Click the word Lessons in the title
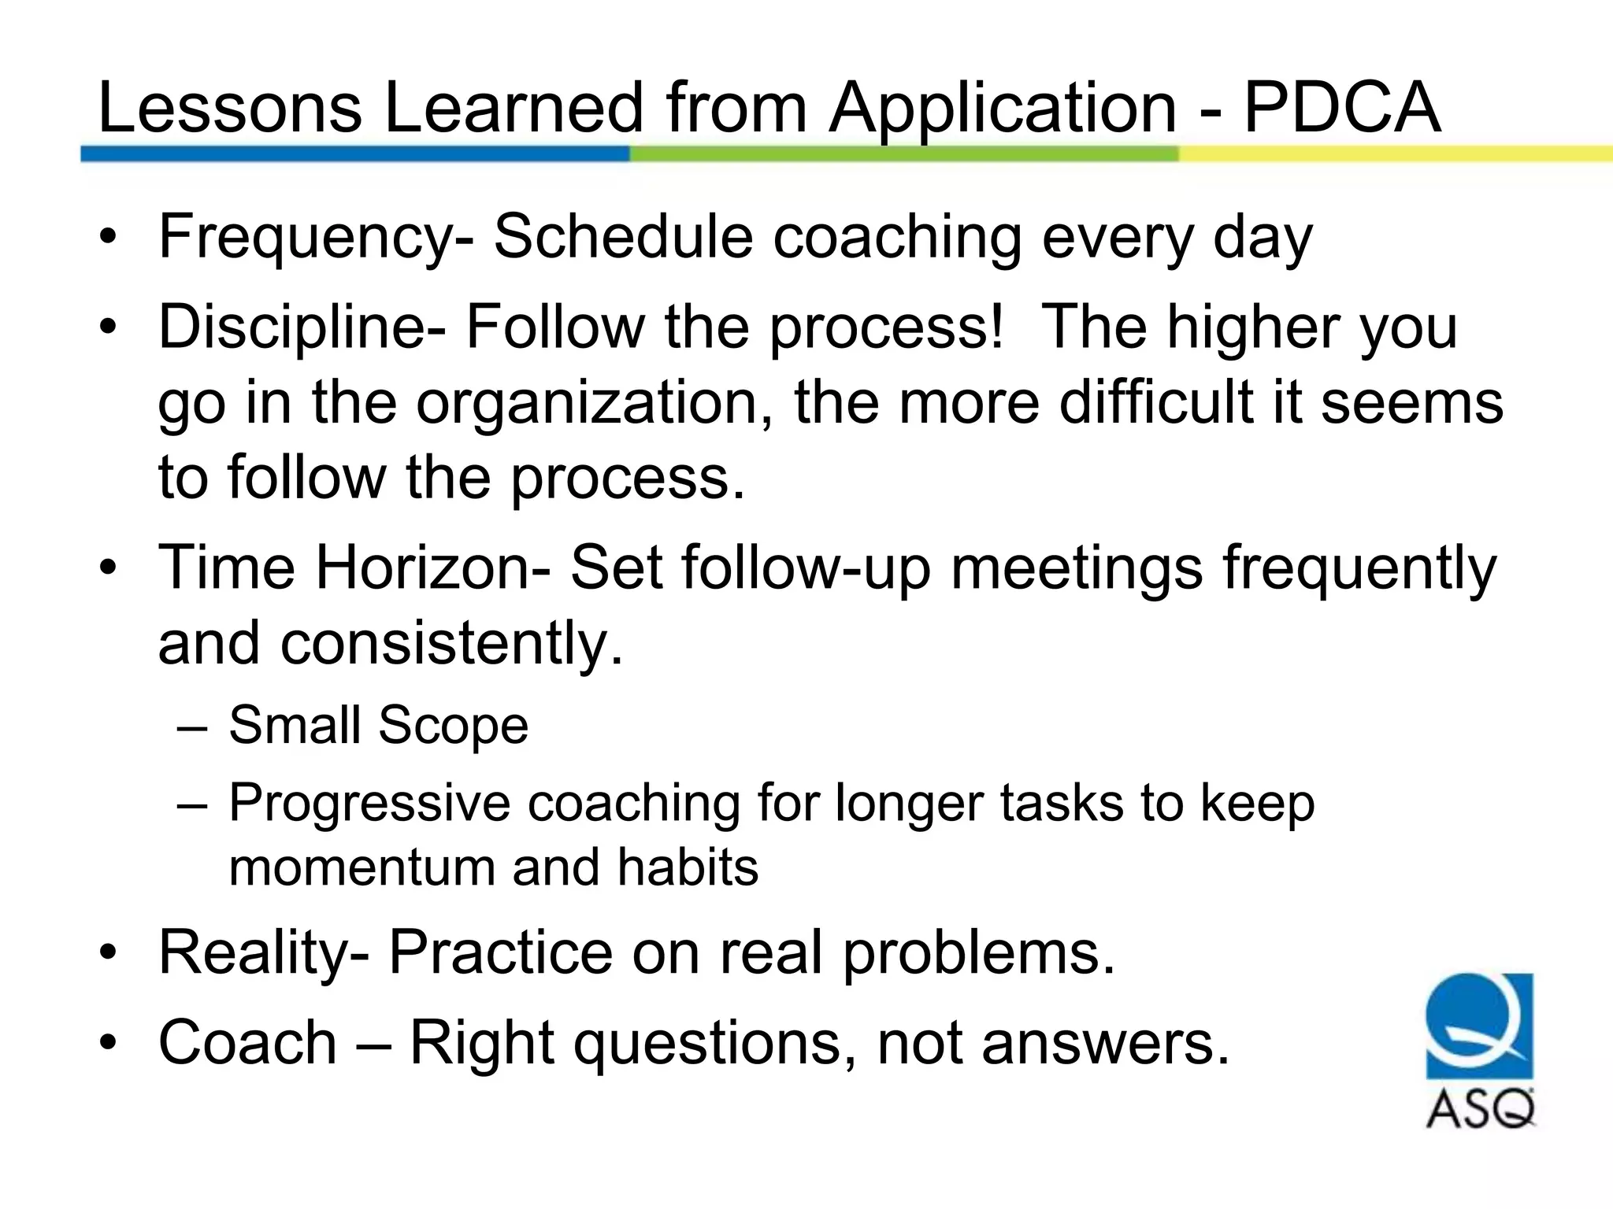pyautogui.click(x=229, y=108)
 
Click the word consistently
pyautogui.click(x=452, y=642)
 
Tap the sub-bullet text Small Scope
pyautogui.click(x=378, y=724)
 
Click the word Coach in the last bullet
pyautogui.click(x=248, y=1042)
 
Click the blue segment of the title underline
pyautogui.click(x=354, y=154)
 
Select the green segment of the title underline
pyautogui.click(x=903, y=154)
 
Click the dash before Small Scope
pyautogui.click(x=193, y=726)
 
